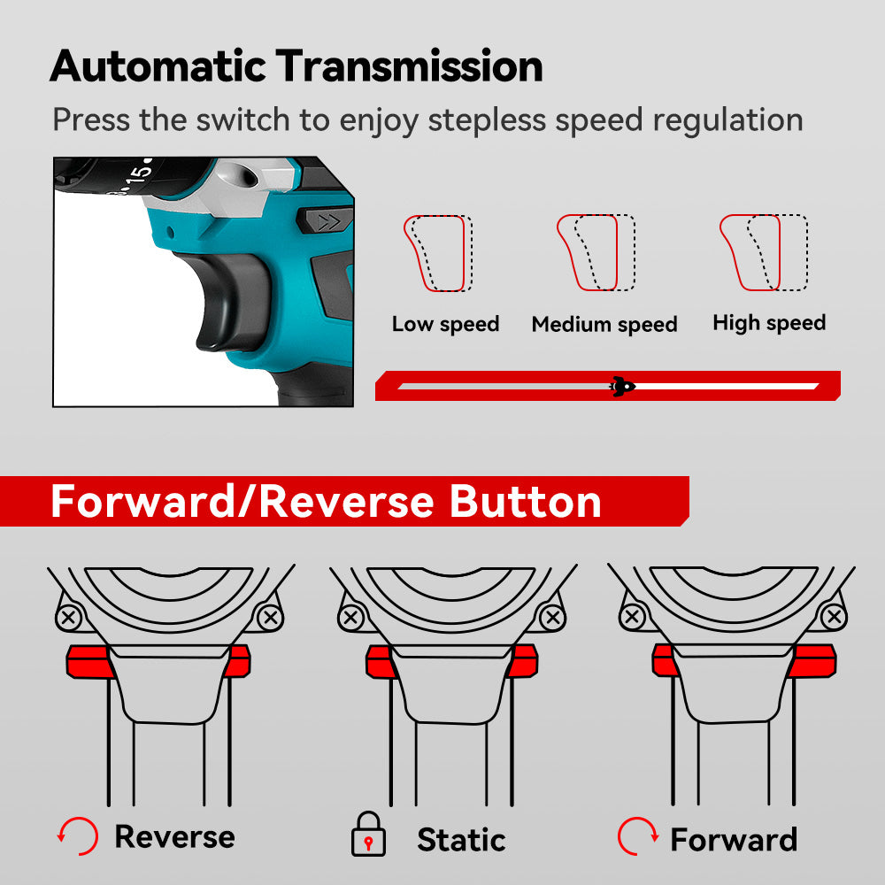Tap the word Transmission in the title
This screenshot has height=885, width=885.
[411, 66]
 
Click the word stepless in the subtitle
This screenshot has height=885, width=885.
[496, 119]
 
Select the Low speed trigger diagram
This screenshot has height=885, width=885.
[438, 253]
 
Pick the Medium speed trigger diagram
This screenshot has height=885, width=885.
[596, 253]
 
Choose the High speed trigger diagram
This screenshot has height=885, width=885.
[762, 253]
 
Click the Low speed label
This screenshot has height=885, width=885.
[445, 324]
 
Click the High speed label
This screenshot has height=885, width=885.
[769, 323]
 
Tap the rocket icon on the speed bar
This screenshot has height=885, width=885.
[623, 386]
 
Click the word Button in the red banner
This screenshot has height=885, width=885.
[526, 502]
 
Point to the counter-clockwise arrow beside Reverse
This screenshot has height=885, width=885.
[76, 835]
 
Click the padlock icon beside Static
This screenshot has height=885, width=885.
[368, 836]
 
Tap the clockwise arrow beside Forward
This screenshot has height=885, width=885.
[637, 836]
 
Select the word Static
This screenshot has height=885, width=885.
[461, 839]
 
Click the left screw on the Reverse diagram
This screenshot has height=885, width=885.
[69, 617]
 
